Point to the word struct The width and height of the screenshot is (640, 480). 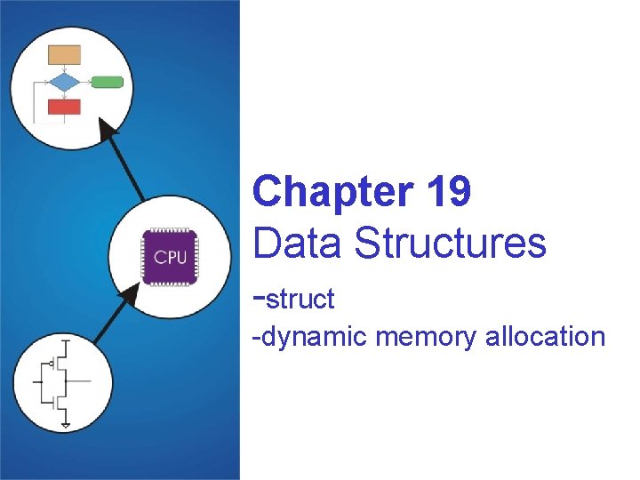coord(300,300)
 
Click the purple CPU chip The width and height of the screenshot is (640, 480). coord(170,257)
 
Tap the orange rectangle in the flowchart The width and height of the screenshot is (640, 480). coord(64,55)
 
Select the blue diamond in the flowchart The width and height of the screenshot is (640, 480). coord(64,82)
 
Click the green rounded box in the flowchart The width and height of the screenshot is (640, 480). coord(107,82)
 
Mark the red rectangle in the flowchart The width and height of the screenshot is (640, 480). coord(64,107)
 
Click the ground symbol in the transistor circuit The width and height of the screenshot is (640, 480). coord(66,424)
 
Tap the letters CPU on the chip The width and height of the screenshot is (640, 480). coord(170,258)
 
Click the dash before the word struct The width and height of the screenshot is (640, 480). coord(259,299)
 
